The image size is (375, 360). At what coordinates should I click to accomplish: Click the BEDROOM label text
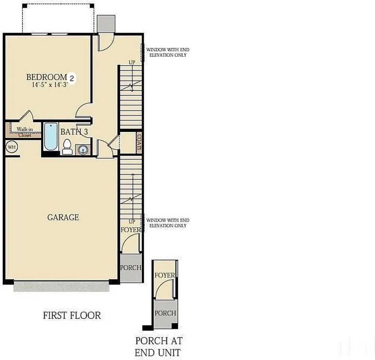click(46, 77)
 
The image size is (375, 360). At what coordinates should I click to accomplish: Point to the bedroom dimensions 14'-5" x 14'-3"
click(49, 85)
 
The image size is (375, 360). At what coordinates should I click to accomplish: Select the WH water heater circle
click(12, 147)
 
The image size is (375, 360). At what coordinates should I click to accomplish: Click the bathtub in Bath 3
click(51, 136)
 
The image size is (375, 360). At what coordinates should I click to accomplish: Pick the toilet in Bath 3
click(67, 147)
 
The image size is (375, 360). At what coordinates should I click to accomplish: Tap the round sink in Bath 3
click(83, 150)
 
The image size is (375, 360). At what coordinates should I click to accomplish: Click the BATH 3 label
click(74, 132)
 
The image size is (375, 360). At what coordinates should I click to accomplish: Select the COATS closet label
click(139, 142)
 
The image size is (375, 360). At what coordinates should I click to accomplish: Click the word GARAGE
click(63, 217)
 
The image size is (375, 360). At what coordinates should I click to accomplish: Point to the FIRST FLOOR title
click(72, 315)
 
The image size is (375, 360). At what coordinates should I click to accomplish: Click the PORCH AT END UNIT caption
click(158, 346)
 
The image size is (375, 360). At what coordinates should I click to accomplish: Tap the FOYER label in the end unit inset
click(164, 275)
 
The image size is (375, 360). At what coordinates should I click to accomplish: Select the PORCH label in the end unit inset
click(165, 313)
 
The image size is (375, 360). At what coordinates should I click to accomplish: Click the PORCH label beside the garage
click(131, 268)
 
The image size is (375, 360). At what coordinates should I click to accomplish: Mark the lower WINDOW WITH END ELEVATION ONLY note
click(167, 223)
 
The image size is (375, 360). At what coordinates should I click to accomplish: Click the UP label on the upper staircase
click(132, 63)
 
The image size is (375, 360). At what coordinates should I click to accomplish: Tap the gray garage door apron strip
click(61, 286)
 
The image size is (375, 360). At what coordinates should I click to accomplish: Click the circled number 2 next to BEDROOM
click(72, 78)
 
